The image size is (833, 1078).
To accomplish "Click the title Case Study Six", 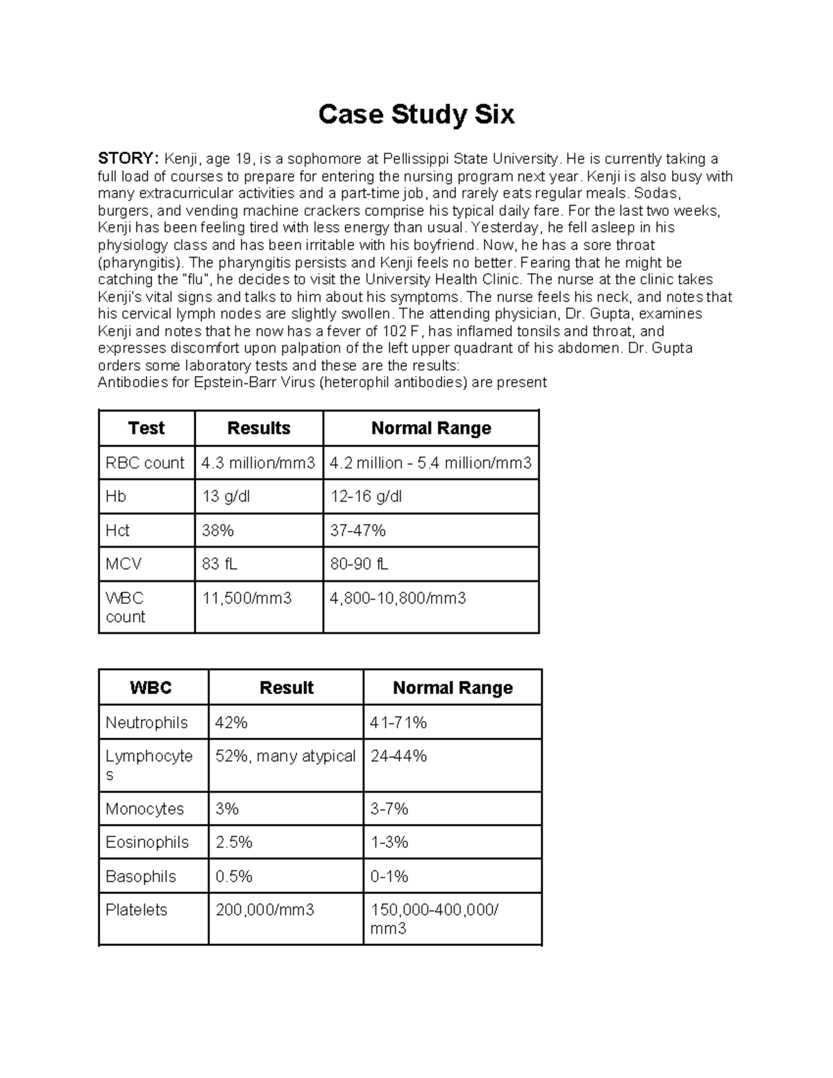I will point(416,115).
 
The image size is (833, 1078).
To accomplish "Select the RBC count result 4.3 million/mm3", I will point(258,463).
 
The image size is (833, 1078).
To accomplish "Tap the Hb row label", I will point(115,497).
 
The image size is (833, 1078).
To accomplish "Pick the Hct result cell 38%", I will point(217,531).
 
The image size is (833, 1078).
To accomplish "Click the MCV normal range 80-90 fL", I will point(359,564).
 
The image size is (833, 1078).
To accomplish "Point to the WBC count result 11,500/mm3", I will point(246,598).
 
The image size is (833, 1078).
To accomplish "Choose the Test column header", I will point(146,428).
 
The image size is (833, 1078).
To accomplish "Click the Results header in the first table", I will point(259,428).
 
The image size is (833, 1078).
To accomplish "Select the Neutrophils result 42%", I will point(231,723).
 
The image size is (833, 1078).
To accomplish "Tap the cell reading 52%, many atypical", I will point(285,757).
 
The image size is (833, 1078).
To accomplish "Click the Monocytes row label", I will point(144,809).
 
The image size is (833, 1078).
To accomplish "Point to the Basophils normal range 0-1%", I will point(389,877).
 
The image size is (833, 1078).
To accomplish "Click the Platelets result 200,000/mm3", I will point(264,910).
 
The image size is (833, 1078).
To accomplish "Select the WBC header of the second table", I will point(151,688).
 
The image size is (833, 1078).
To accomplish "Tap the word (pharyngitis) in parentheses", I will point(142,262).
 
